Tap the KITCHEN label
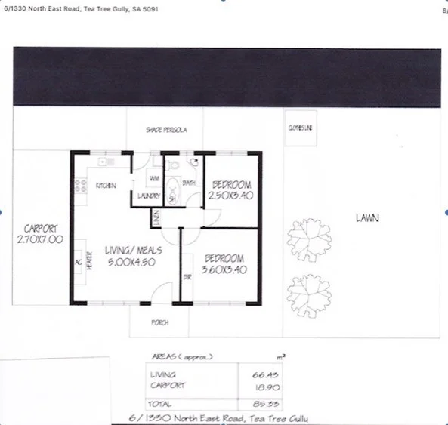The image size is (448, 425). pos(105,186)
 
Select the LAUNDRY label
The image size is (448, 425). pos(149,196)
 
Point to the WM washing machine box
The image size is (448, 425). pos(153,179)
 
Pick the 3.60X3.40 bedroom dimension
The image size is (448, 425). pos(224,267)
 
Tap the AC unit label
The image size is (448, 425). pos(77,263)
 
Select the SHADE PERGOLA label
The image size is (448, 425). pos(166,131)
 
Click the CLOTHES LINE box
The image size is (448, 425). pos(299,128)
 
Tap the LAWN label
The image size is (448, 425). pos(367,218)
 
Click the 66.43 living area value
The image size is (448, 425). pos(258,374)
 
